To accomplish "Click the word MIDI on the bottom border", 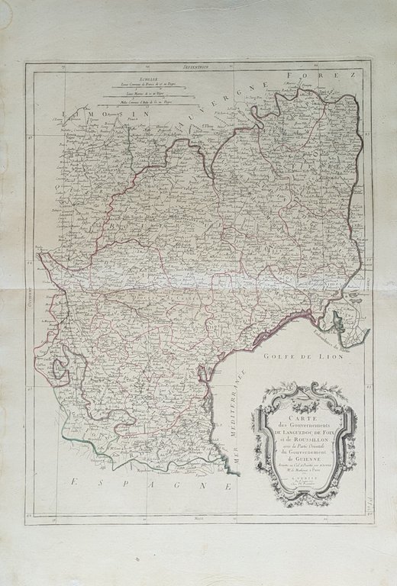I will click(201, 520).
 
